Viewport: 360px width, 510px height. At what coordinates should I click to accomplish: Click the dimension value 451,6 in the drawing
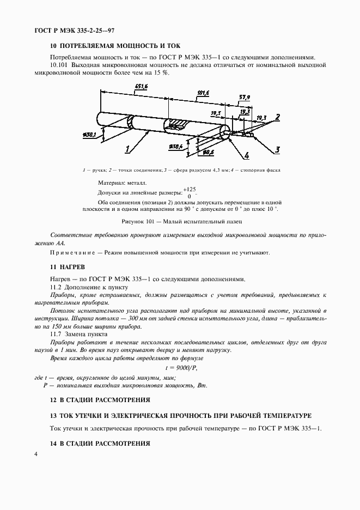pos(142,87)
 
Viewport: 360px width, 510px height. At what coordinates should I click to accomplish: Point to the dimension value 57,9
pos(245,97)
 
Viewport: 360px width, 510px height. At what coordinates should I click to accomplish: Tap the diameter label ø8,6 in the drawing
pos(207,152)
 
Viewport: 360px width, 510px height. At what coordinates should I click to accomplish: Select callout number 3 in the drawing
pos(277,149)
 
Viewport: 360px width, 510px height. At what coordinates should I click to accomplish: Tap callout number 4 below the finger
pos(246,156)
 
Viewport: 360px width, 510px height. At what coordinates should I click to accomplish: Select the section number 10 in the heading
pos(53,46)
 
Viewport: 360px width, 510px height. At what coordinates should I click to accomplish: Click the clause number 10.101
pos(60,65)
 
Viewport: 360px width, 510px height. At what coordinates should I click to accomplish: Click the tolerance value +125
pos(190,189)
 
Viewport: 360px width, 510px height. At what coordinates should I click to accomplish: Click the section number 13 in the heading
pos(53,415)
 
